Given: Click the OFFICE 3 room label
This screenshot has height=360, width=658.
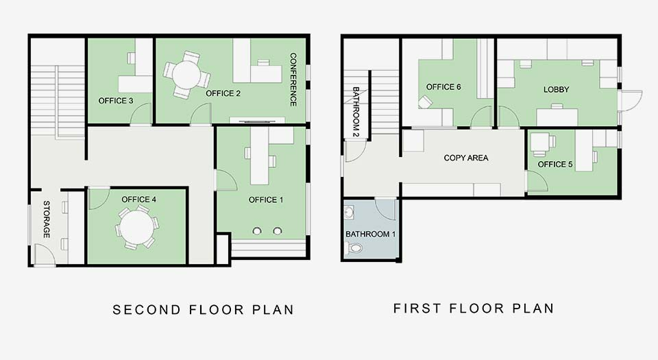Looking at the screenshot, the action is click(x=116, y=101).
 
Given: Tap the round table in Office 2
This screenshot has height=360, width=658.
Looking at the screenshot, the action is click(x=186, y=75).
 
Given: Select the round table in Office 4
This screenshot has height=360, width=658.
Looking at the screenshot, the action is click(x=137, y=227).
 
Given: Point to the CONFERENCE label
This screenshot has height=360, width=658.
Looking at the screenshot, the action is click(x=293, y=80).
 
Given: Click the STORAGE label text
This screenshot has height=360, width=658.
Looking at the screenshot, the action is click(x=47, y=219).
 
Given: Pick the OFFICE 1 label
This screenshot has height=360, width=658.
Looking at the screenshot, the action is click(x=266, y=200).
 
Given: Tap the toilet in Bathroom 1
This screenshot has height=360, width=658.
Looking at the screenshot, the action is click(x=354, y=248).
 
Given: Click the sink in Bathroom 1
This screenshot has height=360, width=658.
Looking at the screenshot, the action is click(x=349, y=213).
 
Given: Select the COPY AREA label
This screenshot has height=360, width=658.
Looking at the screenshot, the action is click(x=466, y=158).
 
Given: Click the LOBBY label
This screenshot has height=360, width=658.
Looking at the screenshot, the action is click(x=556, y=89).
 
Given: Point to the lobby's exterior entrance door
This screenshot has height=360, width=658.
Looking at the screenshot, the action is click(x=630, y=101).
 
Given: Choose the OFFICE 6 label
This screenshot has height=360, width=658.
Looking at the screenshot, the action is click(x=443, y=87).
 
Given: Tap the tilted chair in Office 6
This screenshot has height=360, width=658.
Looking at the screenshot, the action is click(x=425, y=102).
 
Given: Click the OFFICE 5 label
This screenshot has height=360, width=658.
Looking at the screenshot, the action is click(x=555, y=164).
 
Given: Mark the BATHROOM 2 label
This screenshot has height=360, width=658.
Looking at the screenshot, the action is click(x=356, y=112).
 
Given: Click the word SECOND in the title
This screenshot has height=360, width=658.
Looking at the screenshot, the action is click(x=147, y=310).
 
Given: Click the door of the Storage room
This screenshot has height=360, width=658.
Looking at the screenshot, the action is click(x=45, y=254).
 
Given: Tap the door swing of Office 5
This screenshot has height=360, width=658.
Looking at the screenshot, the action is click(x=537, y=181).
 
